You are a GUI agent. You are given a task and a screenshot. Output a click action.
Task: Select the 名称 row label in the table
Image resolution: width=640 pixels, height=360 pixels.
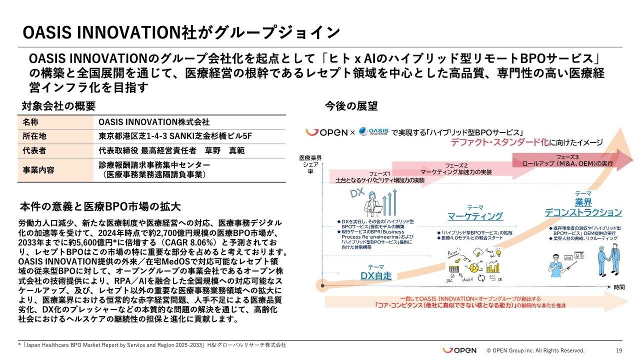(30, 122)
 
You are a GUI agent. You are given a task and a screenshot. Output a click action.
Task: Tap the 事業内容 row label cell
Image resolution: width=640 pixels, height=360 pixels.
(37, 169)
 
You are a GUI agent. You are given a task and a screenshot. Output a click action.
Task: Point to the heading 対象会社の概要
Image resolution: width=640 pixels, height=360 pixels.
(58, 106)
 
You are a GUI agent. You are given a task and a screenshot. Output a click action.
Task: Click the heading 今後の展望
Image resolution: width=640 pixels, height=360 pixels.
(351, 106)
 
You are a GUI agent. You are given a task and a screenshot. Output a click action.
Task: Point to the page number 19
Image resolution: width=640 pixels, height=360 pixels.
(618, 350)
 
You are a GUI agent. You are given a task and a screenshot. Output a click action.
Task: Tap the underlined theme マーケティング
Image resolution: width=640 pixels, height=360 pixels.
(474, 216)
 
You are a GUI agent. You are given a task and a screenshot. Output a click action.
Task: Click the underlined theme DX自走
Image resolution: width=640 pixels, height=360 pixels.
(375, 275)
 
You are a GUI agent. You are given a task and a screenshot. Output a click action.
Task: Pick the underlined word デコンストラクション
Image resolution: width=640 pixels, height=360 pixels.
(583, 212)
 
